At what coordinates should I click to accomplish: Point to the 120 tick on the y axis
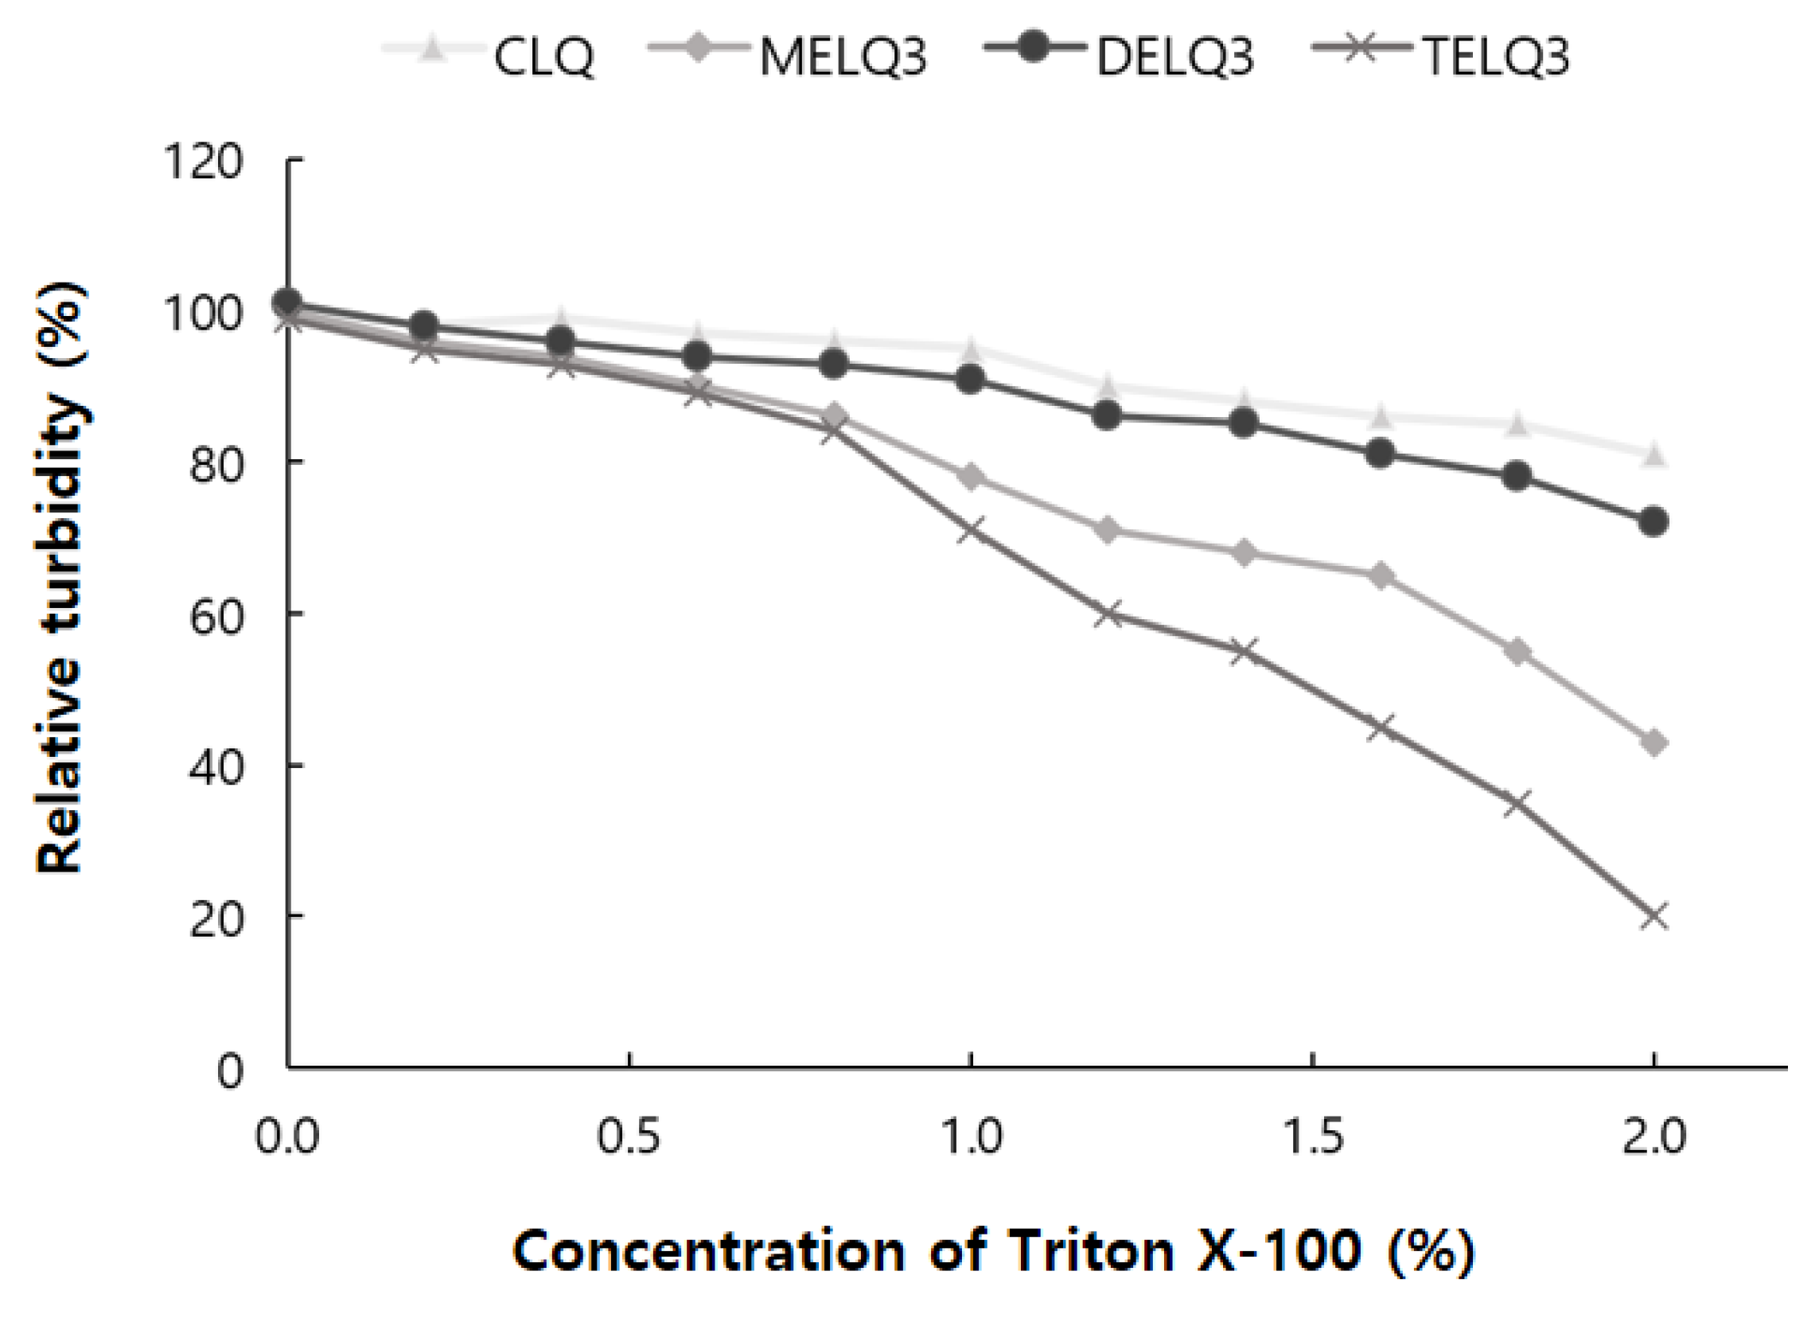point(202,162)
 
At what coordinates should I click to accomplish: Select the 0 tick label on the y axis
point(229,1072)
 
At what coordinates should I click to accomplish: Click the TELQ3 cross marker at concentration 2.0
point(1653,916)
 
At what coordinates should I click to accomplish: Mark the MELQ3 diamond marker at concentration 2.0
point(1653,743)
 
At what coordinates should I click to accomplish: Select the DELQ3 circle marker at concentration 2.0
point(1653,522)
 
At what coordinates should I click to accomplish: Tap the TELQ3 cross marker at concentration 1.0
point(972,530)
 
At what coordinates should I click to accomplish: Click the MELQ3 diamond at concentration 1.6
point(1381,576)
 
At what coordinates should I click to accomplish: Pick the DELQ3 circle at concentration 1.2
point(1108,415)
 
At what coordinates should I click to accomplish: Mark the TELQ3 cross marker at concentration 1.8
point(1517,803)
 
